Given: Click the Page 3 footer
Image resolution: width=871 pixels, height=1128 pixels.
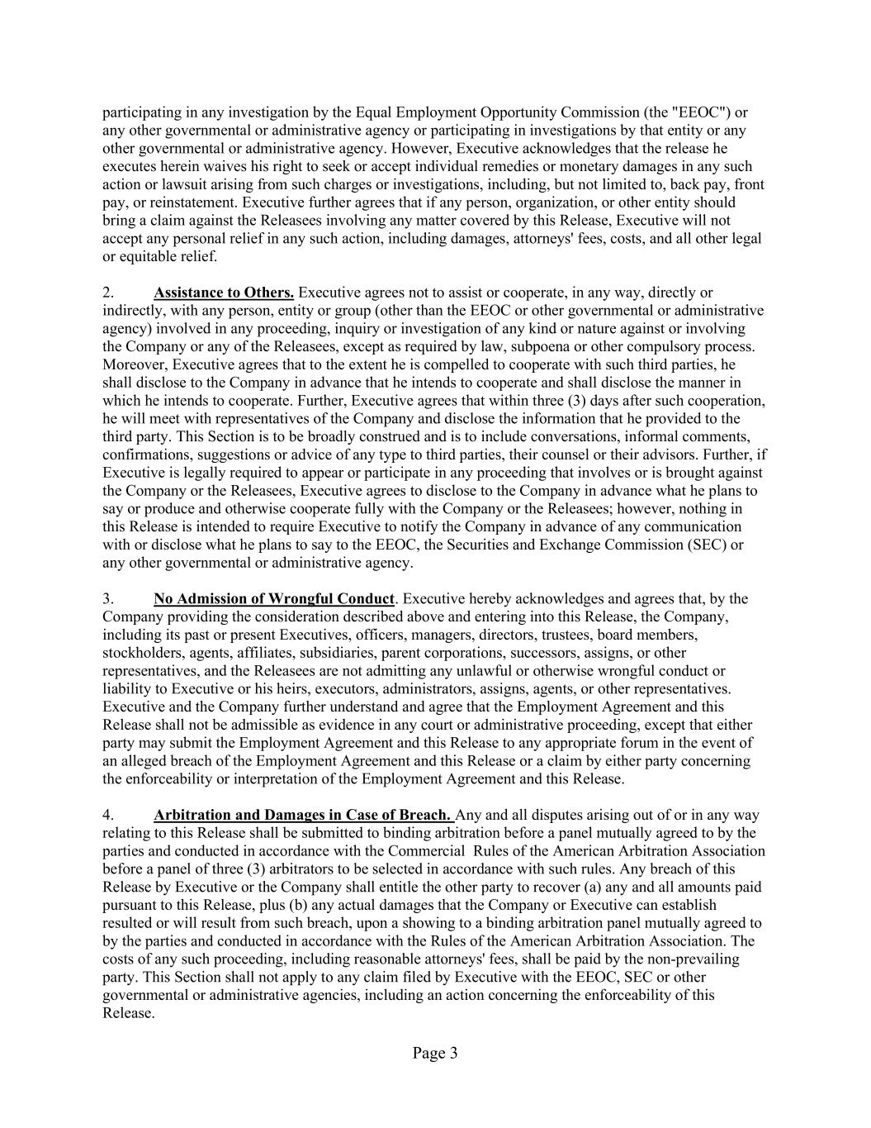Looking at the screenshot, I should [435, 1053].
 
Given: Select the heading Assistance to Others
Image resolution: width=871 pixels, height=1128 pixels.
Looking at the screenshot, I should [224, 293].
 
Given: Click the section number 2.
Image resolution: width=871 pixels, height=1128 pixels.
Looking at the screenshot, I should [107, 293].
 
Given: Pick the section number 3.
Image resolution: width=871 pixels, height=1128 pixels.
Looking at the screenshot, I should [107, 599].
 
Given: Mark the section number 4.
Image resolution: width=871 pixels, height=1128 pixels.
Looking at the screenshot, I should [107, 816].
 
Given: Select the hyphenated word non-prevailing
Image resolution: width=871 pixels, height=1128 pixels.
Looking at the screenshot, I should [690, 959].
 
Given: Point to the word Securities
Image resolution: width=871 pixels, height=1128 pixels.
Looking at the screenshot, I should [523, 545].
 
